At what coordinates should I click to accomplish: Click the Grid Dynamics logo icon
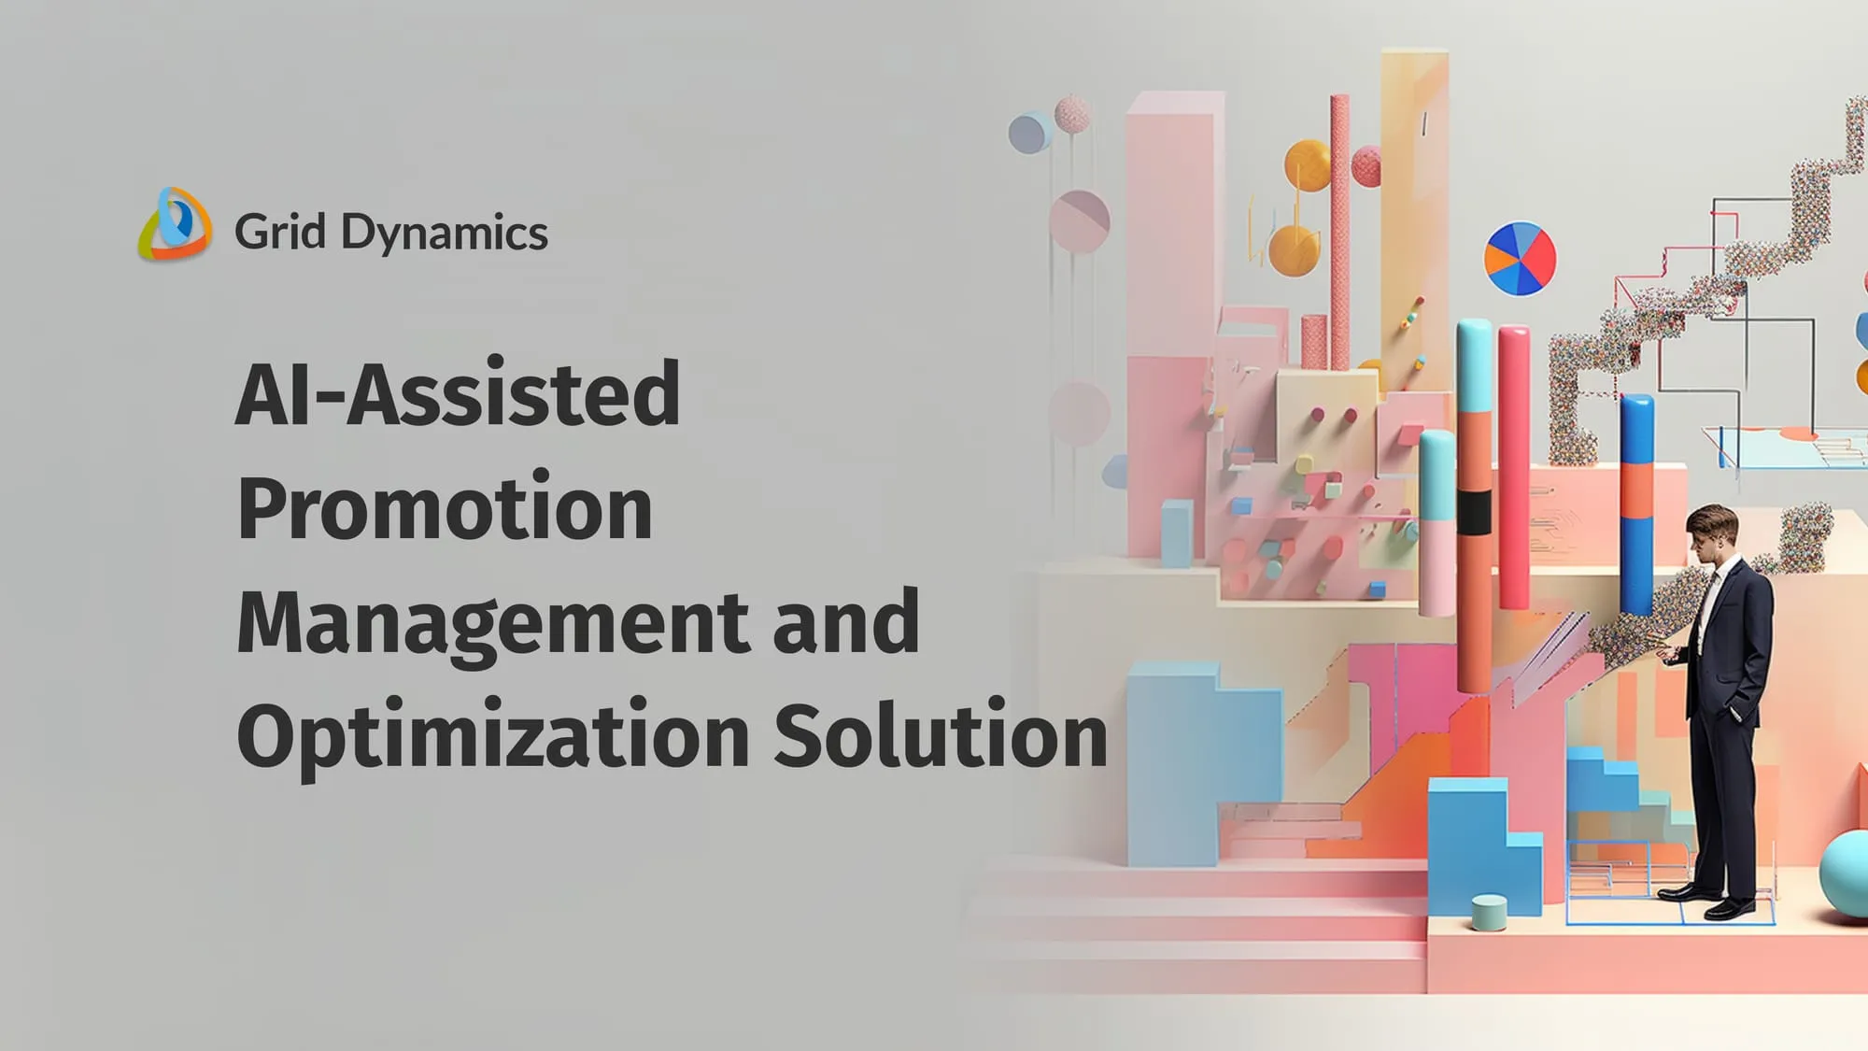click(x=175, y=224)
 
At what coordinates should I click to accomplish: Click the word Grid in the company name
click(x=280, y=232)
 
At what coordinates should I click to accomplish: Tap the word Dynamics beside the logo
click(x=445, y=234)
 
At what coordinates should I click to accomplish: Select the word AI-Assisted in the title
click(x=458, y=393)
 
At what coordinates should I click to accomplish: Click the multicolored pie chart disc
click(x=1520, y=259)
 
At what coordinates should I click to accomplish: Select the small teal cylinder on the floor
click(x=1489, y=912)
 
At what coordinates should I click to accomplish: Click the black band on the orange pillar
click(x=1474, y=513)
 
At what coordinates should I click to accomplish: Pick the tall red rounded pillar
click(x=1514, y=467)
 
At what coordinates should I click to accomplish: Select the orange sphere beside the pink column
click(x=1308, y=165)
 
